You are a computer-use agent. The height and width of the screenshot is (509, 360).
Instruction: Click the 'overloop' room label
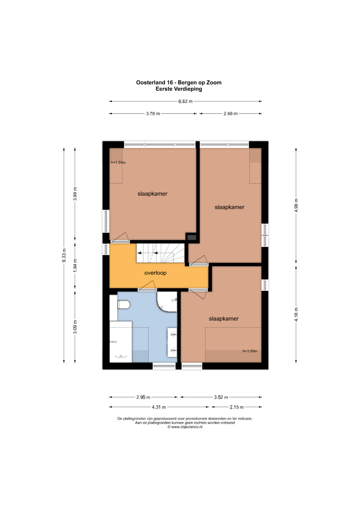click(155, 273)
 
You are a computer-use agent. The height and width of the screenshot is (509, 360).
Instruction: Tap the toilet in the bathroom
click(123, 304)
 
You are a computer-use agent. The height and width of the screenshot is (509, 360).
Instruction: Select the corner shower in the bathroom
click(167, 302)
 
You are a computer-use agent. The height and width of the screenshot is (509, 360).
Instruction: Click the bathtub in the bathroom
click(121, 342)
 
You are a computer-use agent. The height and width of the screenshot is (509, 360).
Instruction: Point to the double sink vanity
click(172, 342)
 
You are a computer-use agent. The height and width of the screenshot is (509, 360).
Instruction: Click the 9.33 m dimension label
click(64, 256)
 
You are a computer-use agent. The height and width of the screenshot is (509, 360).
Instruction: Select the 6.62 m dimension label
click(185, 101)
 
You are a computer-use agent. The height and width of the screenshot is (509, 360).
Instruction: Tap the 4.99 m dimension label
click(296, 205)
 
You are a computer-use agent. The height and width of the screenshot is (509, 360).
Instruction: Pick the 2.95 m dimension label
click(143, 397)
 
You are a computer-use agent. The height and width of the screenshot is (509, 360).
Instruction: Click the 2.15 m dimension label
click(236, 407)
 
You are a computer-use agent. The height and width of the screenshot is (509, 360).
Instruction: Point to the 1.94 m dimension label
click(75, 265)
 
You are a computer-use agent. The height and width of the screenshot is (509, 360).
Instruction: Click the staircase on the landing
click(160, 253)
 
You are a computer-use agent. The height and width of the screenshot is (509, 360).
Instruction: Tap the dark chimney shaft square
click(191, 237)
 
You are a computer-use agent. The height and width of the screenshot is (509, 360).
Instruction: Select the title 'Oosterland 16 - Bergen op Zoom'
click(179, 82)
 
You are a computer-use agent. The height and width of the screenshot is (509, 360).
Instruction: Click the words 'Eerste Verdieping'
click(179, 89)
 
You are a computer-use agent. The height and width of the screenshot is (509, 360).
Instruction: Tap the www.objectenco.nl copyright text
click(185, 427)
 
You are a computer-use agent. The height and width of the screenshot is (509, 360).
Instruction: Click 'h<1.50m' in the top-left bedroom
click(118, 162)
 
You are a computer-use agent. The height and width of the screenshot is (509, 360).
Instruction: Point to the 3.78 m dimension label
click(153, 114)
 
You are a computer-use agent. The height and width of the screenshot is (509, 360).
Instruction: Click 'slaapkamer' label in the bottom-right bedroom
click(224, 319)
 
